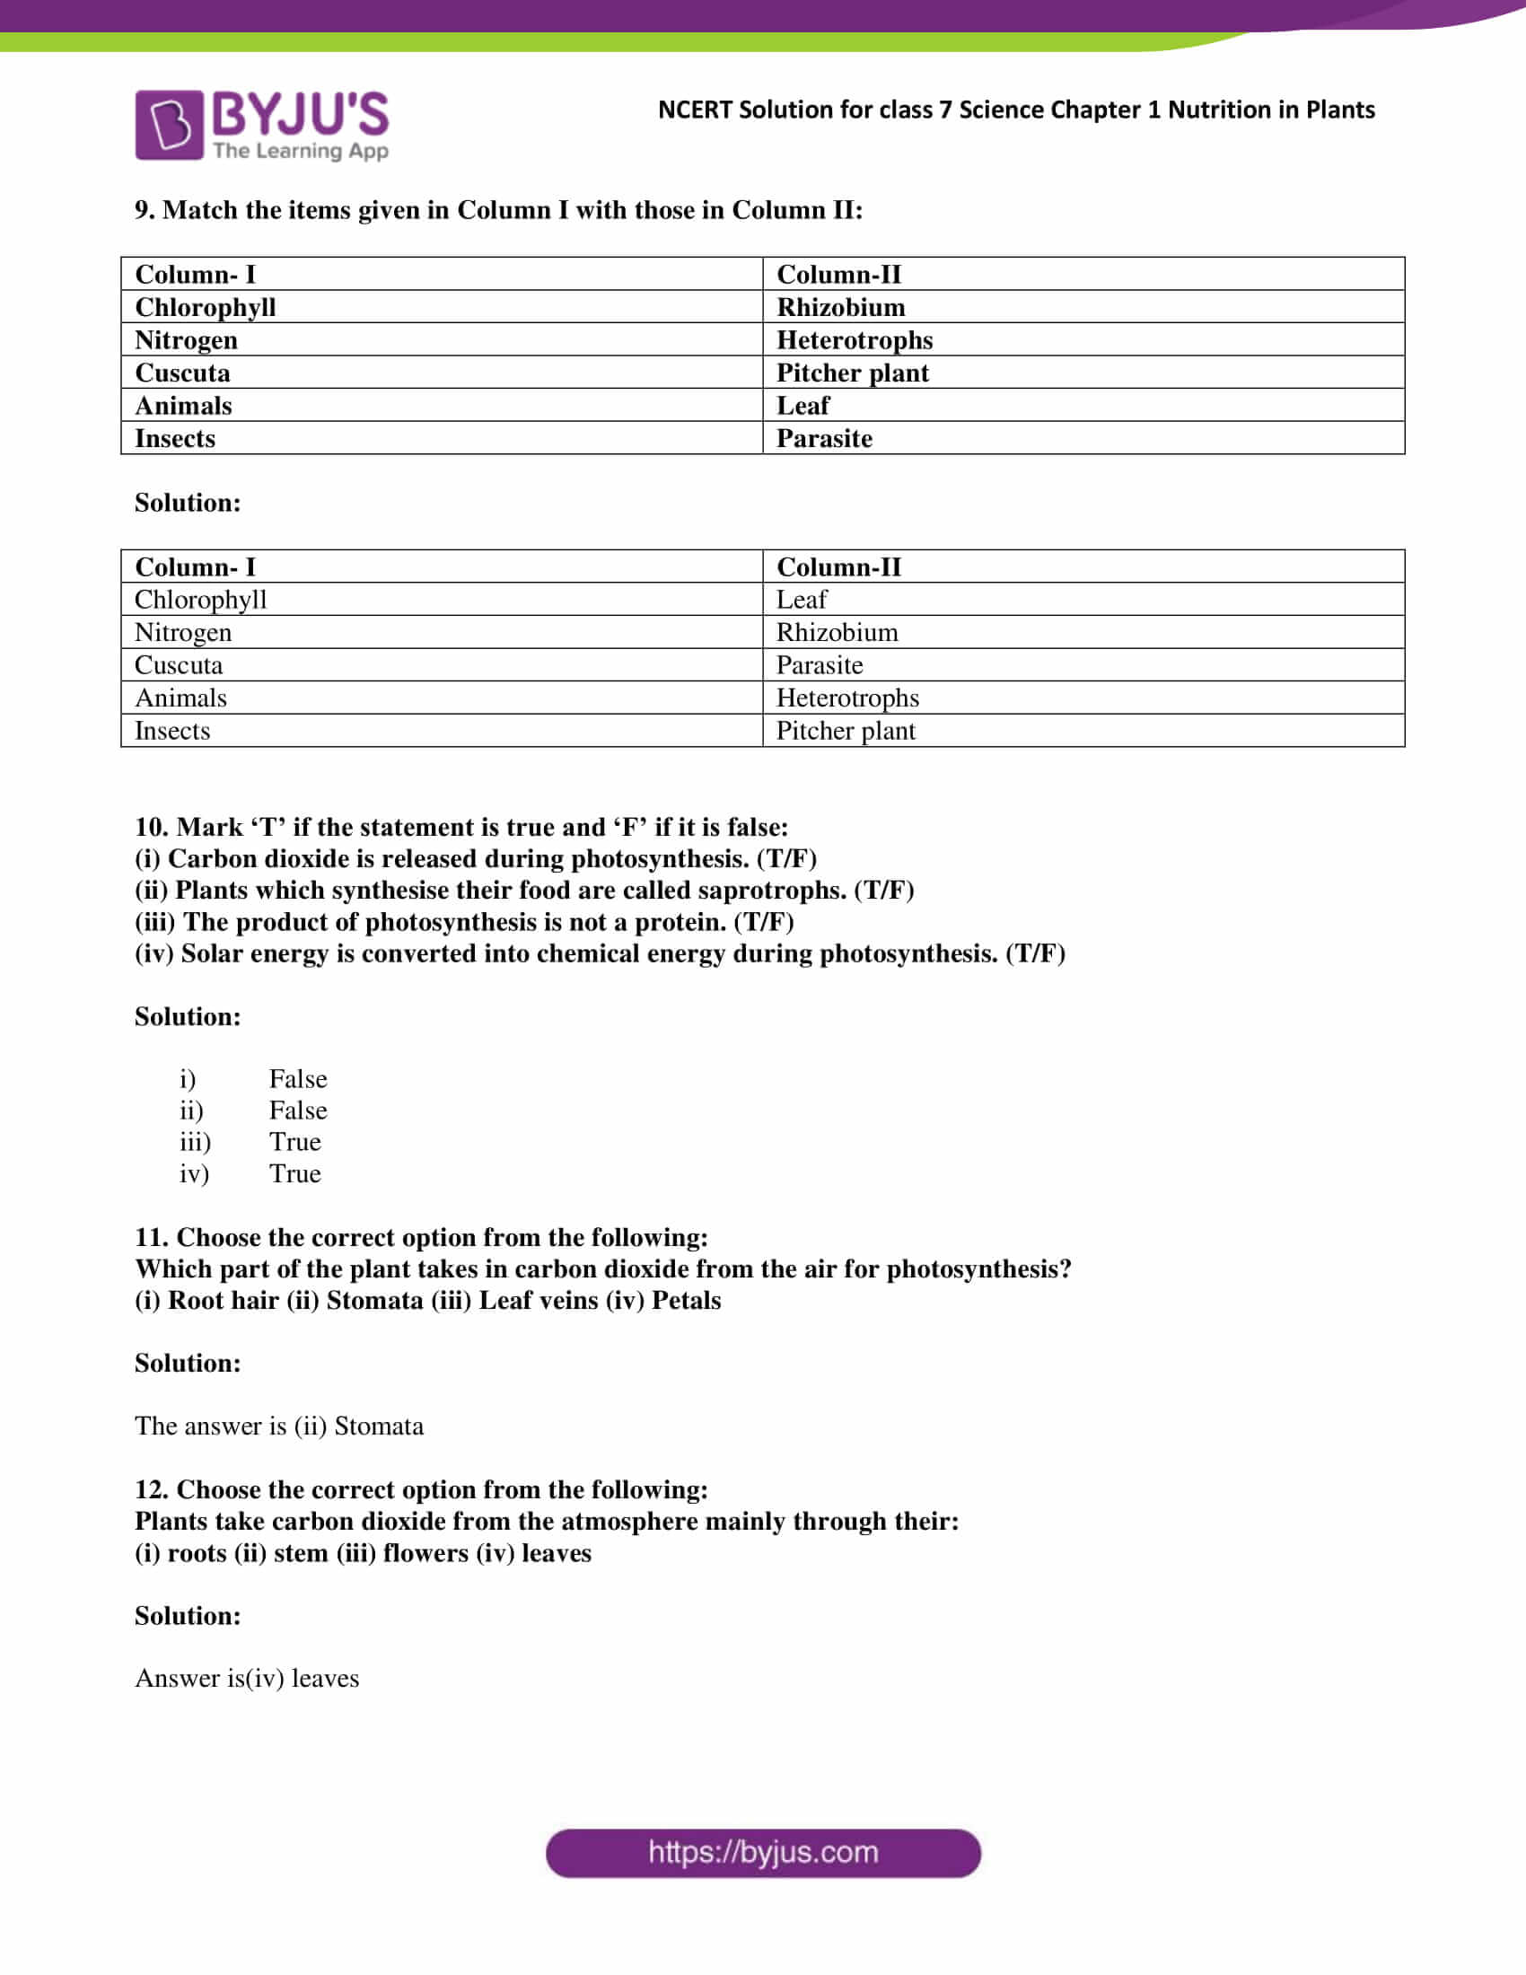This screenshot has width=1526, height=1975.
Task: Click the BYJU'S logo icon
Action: [169, 125]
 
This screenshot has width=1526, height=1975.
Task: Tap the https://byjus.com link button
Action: [763, 1853]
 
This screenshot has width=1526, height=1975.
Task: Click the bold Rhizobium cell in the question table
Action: [840, 307]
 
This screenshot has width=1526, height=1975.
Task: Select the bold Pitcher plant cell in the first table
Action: [852, 373]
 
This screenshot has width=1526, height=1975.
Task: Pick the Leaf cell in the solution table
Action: [801, 600]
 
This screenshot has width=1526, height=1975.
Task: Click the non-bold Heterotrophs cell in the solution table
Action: [847, 698]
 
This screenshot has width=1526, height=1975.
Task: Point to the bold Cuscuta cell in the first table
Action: [182, 373]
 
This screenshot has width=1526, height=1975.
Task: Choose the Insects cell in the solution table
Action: [171, 731]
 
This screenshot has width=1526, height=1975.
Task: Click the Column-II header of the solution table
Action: [838, 567]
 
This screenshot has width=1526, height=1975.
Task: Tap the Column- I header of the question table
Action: [196, 274]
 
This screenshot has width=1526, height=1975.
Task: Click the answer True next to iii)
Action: [294, 1142]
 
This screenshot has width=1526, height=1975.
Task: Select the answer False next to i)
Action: [297, 1079]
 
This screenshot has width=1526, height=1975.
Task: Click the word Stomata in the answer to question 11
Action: [379, 1426]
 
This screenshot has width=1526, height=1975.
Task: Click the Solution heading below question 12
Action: [188, 1615]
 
